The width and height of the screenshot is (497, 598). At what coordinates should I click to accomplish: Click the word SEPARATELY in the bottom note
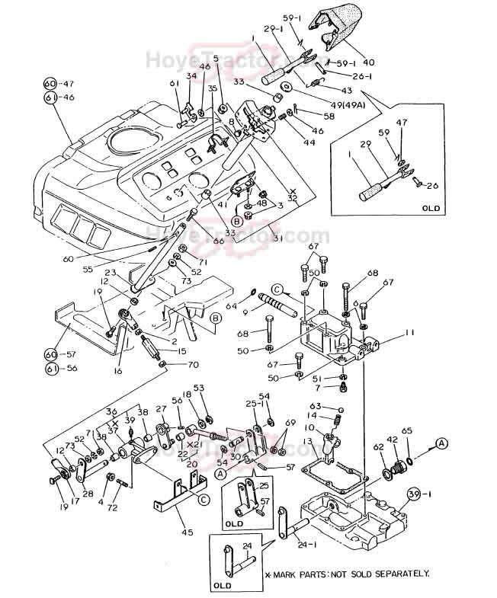pos(398,573)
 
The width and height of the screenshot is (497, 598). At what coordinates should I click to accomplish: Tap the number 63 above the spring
pos(315,406)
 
